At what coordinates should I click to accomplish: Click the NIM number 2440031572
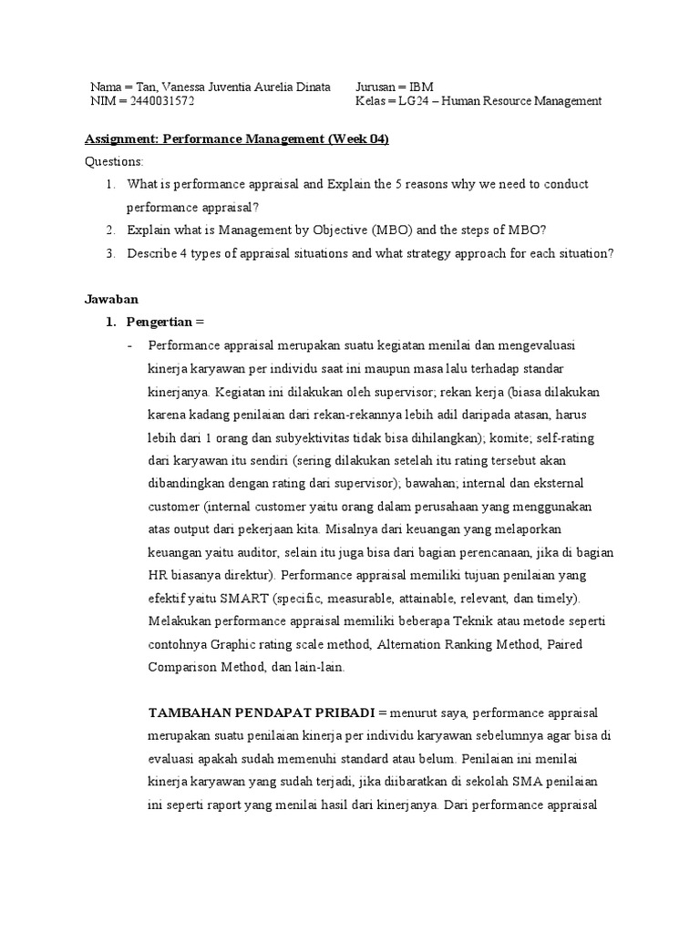pos(162,102)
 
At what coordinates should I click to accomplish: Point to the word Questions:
pos(114,161)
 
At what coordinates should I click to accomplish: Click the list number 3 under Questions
pos(109,253)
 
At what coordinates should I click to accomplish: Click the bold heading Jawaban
pos(111,299)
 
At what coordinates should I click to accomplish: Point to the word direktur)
pos(247,576)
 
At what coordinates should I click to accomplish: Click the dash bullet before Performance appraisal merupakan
pos(131,345)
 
